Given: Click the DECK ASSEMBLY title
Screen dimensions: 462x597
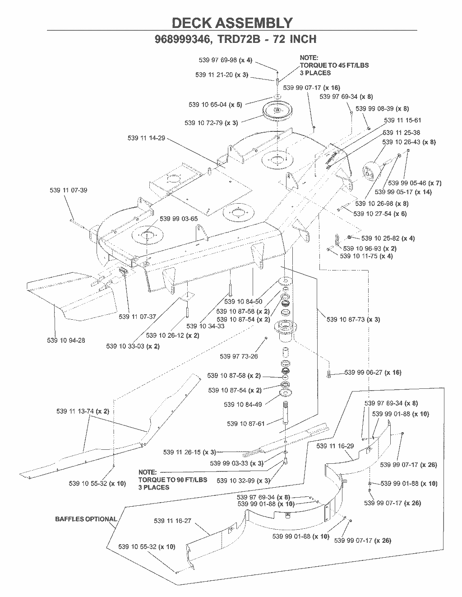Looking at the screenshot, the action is click(x=232, y=23).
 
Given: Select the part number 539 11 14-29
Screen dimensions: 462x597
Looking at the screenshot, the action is click(x=146, y=138).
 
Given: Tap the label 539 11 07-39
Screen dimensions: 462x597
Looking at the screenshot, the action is click(x=68, y=190).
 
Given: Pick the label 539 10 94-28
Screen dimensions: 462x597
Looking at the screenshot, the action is click(x=66, y=340).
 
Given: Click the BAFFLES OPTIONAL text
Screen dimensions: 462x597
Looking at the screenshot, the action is click(x=86, y=519).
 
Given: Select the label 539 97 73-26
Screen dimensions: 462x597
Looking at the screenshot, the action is click(x=239, y=356).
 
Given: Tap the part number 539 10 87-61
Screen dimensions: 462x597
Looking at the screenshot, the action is click(x=245, y=424).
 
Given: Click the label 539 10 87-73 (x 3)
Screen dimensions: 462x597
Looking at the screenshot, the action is click(x=353, y=320).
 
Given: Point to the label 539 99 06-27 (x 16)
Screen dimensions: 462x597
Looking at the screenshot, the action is click(x=373, y=373).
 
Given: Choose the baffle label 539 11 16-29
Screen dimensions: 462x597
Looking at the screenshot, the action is click(x=335, y=446).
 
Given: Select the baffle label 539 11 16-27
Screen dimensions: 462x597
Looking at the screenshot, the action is click(x=172, y=521).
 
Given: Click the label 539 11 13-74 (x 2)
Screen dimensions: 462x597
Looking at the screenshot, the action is click(x=83, y=411).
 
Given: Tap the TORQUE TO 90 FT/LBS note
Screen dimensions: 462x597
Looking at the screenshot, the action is click(x=172, y=480).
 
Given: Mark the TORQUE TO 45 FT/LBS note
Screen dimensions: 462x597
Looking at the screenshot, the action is click(x=334, y=65).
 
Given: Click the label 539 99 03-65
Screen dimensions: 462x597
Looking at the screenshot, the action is click(x=179, y=219).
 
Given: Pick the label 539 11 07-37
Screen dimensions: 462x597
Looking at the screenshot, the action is click(x=137, y=317).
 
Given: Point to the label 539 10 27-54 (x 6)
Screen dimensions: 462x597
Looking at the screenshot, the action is click(x=380, y=214).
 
